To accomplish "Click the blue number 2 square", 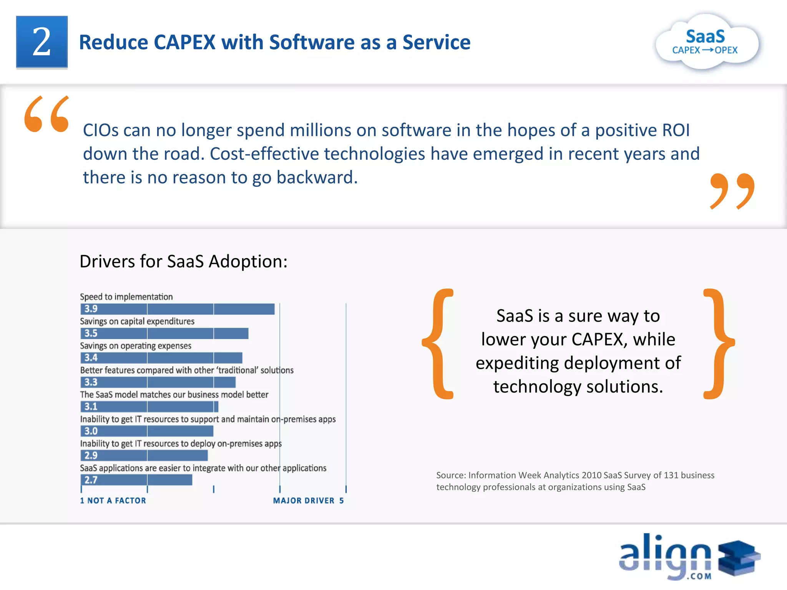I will point(42,42).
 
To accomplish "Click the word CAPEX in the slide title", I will point(184,42).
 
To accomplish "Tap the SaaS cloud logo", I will point(706,42).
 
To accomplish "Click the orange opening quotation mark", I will point(46,114).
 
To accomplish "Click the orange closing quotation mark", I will point(732,191).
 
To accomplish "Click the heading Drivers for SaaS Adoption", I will point(183,262).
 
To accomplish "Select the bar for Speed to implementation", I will point(178,309).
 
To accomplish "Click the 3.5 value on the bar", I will point(91,333).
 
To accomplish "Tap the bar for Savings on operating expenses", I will point(161,358).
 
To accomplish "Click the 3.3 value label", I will point(91,382).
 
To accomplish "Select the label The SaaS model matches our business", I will point(174,394).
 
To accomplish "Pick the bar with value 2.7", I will point(136,480).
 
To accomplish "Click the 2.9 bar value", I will point(91,456).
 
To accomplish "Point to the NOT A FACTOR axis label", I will point(113,501).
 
